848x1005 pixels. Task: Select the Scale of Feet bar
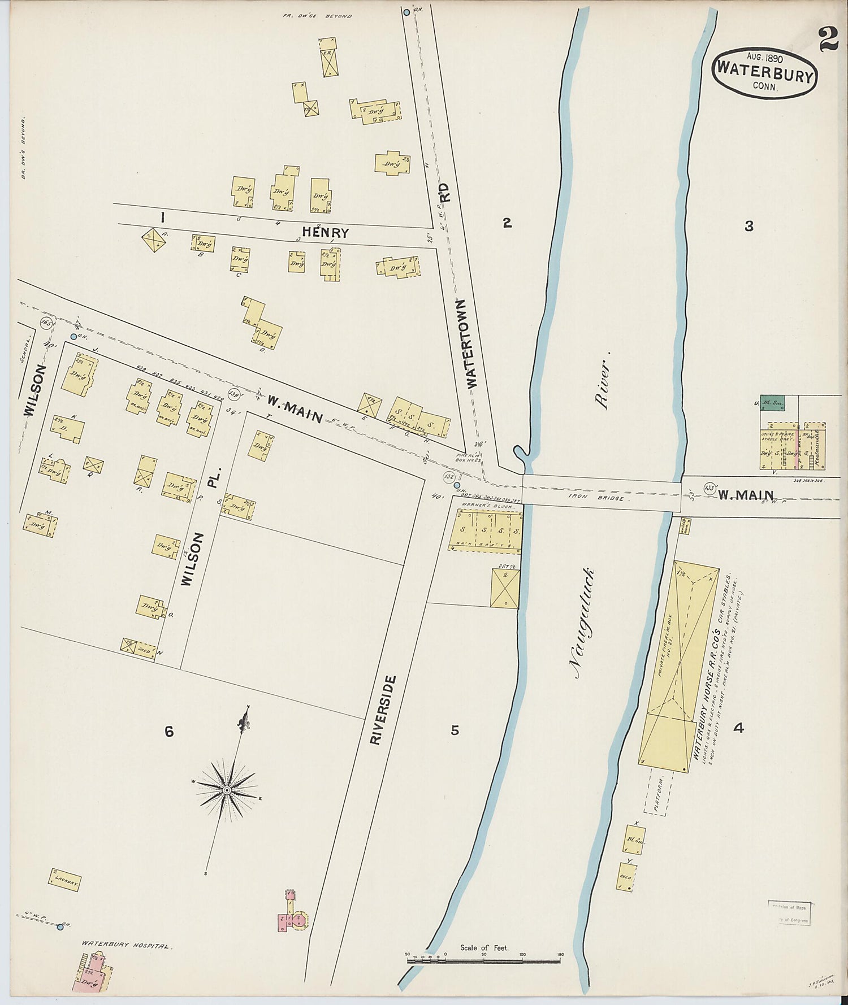coord(483,960)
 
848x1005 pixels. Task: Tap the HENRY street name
coord(325,232)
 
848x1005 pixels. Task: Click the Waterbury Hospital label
coord(126,944)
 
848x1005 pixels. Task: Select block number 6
coord(168,732)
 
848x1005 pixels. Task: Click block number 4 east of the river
coord(738,728)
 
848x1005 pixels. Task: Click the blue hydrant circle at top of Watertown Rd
coord(406,11)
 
